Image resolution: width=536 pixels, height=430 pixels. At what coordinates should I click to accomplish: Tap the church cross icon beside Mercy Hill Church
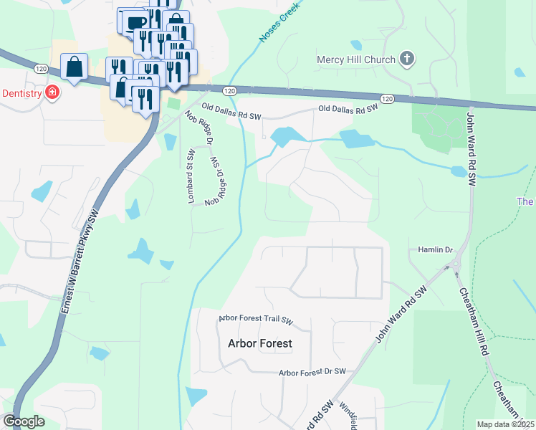click(x=406, y=59)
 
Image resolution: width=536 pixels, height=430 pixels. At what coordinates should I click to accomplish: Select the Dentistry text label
click(x=21, y=92)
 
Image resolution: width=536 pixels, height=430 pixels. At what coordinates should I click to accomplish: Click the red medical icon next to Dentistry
click(x=52, y=92)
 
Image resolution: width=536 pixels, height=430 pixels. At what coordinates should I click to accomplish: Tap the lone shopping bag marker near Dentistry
click(x=74, y=67)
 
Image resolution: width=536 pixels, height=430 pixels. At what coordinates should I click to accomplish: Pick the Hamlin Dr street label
click(x=436, y=249)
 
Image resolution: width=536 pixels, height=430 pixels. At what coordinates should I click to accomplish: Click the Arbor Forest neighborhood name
click(x=259, y=343)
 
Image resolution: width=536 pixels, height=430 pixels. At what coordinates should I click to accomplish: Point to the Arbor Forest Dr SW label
click(x=312, y=372)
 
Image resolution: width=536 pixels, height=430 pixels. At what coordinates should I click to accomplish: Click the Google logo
click(x=24, y=421)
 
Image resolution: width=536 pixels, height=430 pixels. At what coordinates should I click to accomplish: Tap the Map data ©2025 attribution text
click(x=505, y=424)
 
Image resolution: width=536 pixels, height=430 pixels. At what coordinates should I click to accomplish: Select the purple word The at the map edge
click(x=526, y=202)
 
